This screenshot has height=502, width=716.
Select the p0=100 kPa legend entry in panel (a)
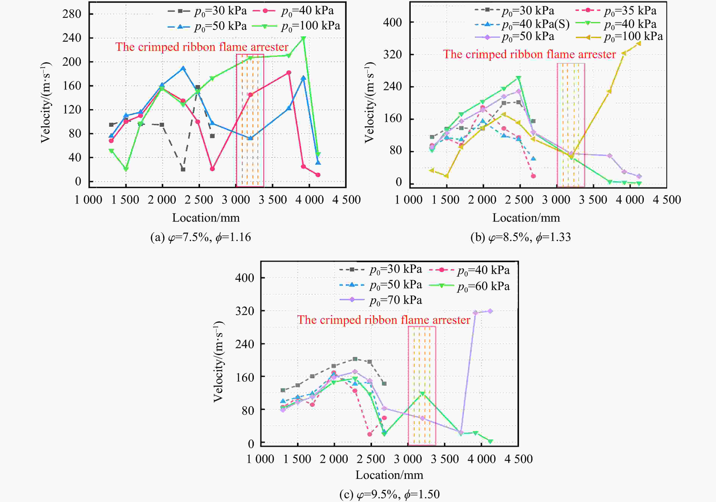click(310, 26)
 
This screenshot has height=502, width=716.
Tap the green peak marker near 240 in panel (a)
click(303, 38)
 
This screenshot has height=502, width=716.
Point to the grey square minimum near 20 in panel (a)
click(183, 170)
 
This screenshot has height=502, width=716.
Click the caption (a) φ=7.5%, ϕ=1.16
click(201, 238)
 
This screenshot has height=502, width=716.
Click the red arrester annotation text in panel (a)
click(202, 47)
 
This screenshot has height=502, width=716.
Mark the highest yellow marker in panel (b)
click(639, 43)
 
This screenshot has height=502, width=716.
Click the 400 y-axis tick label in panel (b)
click(392, 23)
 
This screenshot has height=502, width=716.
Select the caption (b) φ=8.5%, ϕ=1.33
click(521, 238)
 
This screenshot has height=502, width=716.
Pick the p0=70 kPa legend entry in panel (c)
click(396, 300)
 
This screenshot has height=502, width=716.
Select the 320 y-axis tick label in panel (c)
click(245, 311)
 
